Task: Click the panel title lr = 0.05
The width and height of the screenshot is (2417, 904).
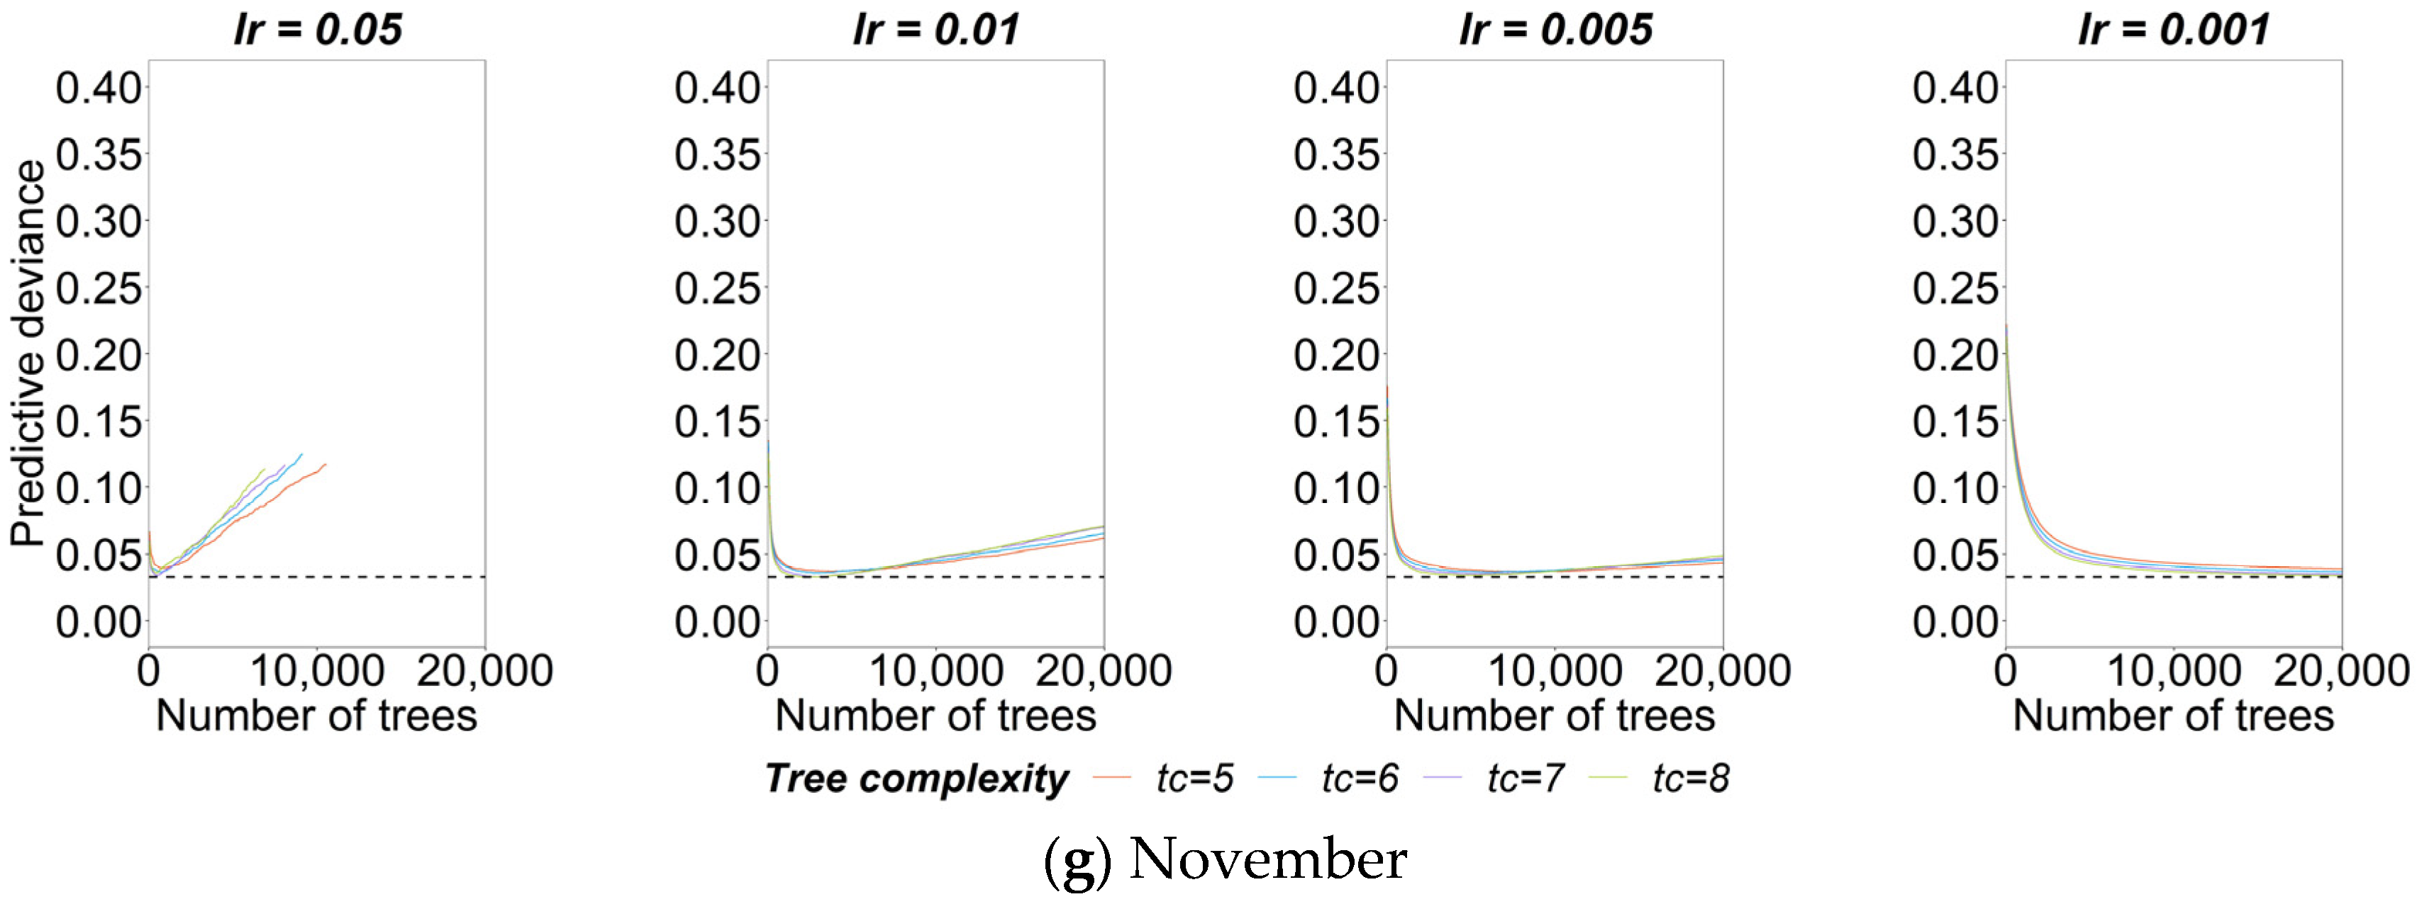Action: coord(317,29)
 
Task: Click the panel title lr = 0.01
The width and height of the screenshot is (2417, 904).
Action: coord(935,29)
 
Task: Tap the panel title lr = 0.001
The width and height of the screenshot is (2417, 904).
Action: coord(2173,29)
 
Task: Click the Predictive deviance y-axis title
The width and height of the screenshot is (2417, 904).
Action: coord(28,354)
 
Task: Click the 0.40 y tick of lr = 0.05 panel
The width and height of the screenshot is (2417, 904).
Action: coord(98,89)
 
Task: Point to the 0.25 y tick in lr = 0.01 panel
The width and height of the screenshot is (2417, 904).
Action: coord(717,289)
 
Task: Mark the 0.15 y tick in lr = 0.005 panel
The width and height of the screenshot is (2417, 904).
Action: coord(1335,422)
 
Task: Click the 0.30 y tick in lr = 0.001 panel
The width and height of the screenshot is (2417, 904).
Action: coord(1955,222)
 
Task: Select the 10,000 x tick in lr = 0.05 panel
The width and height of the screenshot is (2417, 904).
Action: coord(317,672)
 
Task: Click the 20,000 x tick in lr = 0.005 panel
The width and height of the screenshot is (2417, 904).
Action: coord(1723,672)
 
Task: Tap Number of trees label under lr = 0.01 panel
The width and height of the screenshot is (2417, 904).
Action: coord(935,716)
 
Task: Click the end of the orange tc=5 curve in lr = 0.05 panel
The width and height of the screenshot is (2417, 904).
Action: coord(326,464)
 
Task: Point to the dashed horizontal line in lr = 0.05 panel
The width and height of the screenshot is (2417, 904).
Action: coord(375,577)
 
